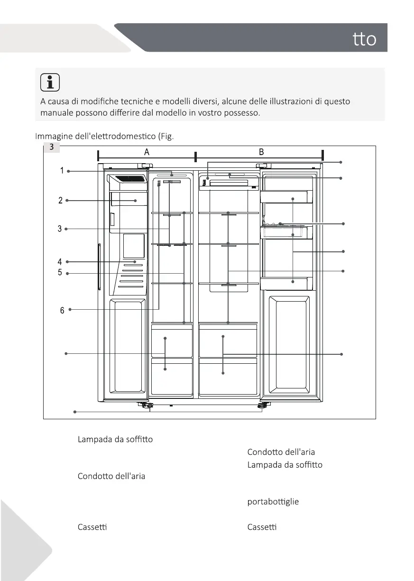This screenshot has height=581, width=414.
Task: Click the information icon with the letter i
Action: pos(50,83)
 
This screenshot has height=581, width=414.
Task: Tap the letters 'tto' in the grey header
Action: pos(365,40)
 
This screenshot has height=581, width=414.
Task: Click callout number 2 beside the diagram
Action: pos(60,200)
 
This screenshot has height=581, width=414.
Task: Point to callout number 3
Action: pos(60,229)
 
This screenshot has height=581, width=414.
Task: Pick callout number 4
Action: pos(60,261)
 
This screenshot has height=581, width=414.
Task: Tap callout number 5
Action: pos(60,273)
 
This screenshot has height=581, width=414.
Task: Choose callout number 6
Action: pos(62,311)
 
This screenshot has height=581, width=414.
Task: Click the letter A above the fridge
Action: pos(147,152)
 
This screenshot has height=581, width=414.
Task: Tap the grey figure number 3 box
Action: pos(51,148)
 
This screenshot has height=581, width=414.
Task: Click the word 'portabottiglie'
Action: pos(273,502)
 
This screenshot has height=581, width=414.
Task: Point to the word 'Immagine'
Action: pos(54,137)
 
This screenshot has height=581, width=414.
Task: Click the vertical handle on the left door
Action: pos(99,267)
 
